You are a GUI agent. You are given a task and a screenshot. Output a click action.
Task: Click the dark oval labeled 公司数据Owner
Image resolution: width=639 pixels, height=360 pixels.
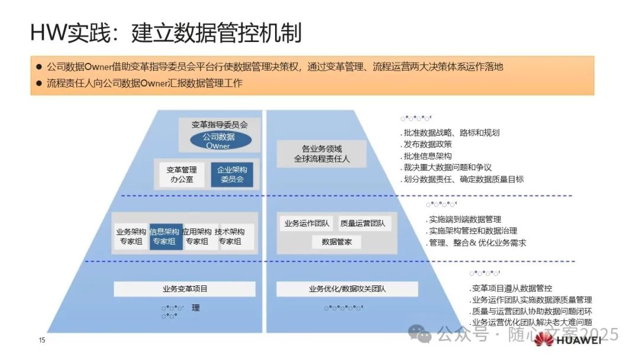coord(219,140)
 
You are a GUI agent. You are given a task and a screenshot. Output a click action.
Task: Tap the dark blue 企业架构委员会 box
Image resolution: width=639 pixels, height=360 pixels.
coord(232,174)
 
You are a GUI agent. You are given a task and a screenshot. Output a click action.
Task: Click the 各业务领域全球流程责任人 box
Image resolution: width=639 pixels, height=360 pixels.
coord(322,154)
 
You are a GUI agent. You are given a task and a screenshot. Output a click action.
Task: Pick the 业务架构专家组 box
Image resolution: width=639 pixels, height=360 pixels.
coord(131,237)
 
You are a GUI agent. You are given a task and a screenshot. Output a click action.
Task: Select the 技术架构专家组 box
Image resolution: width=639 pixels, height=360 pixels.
coord(230,237)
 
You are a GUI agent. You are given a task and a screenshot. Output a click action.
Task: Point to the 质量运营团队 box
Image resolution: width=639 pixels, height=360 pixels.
coord(362,224)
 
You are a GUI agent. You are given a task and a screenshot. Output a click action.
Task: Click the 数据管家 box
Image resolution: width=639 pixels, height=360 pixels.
coord(336,242)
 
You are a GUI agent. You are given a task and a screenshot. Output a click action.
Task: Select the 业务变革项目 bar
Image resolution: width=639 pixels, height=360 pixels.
coord(185,289)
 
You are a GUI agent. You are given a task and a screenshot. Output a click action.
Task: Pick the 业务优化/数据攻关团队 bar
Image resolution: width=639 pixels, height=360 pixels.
coord(347,289)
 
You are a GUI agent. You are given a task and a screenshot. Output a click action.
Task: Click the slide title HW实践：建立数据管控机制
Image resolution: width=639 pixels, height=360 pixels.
coord(166,33)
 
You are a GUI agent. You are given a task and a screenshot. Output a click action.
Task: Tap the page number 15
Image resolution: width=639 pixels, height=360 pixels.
coord(42,340)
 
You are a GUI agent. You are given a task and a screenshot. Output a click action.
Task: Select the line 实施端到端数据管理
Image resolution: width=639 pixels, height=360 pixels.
coord(464,220)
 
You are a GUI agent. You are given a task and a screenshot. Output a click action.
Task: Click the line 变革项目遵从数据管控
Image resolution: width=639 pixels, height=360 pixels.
coord(511,288)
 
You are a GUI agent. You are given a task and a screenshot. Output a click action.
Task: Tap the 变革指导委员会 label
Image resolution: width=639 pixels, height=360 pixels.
coord(220,125)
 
